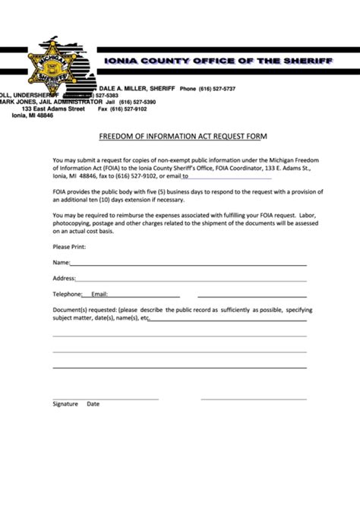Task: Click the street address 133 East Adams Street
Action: coord(52,109)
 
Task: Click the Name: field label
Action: coord(61,262)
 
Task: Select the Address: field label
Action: coord(65,278)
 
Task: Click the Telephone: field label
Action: coord(67,294)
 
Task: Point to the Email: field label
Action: coord(99,294)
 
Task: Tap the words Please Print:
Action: coord(69,247)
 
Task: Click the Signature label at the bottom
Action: coord(65,404)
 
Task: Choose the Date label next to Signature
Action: coord(93,404)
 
